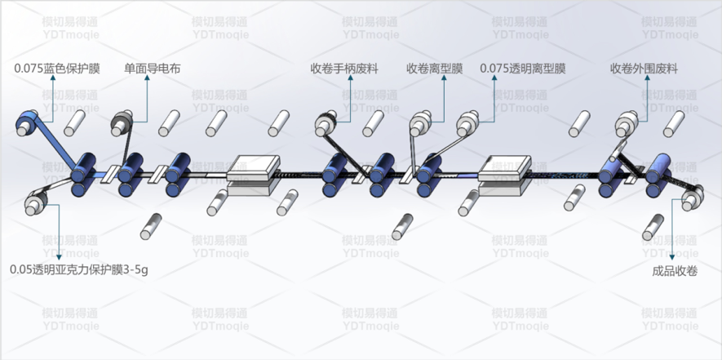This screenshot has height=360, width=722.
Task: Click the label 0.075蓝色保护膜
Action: coord(57,69)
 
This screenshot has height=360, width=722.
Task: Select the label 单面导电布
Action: coord(153,69)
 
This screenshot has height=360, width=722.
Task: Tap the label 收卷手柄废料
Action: coord(344,69)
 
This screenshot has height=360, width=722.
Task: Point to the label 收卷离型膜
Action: coord(435,69)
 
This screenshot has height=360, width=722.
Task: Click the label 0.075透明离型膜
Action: coord(523,69)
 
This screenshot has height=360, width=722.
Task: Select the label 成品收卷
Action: coord(675,272)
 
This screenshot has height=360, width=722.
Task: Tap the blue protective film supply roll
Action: coord(28,123)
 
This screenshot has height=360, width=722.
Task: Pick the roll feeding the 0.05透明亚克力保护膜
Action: coord(37,202)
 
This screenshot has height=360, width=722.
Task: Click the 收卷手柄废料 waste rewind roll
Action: coord(326,123)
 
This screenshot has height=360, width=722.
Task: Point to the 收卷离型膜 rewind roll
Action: coord(420,123)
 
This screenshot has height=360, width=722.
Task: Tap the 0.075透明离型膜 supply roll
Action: coord(468,123)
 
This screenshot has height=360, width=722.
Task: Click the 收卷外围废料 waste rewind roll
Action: coord(628,123)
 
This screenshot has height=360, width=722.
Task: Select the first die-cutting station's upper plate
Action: coord(254,167)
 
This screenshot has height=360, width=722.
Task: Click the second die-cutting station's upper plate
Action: coord(505,167)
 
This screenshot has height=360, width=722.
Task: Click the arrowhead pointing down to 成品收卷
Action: coord(672,257)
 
